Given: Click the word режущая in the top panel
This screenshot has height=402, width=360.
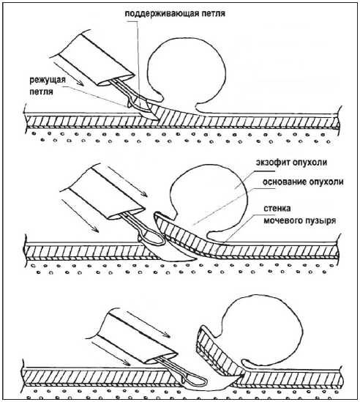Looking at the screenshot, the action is pos(48,80).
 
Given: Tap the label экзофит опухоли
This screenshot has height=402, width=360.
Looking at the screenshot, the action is pos(291,163).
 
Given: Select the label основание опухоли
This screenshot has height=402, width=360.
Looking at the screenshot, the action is pos(303,182).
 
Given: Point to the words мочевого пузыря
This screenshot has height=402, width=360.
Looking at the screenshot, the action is pos(299,220).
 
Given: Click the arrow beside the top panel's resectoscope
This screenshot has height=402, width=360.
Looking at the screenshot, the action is pos(68,73).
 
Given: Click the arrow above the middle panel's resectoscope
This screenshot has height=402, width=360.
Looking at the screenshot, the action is pos(127,182).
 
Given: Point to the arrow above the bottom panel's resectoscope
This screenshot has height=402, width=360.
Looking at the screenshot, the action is pos(149,324).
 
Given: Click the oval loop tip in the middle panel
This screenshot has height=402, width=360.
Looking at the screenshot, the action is pos(153,237).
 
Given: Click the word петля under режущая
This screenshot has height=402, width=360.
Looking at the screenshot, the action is pos(41,92).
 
